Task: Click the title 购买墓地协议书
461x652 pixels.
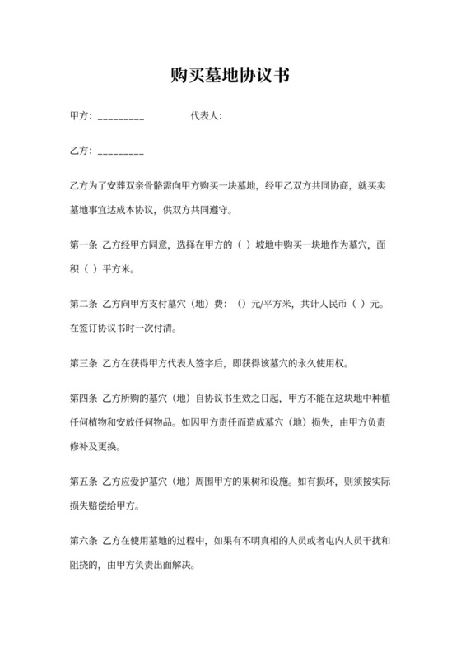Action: (x=230, y=77)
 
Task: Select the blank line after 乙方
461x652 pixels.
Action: (x=121, y=154)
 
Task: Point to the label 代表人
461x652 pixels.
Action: (x=205, y=116)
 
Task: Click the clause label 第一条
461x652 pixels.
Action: (x=84, y=244)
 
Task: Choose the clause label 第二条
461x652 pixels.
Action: (x=84, y=304)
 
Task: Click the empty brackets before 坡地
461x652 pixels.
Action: (x=244, y=244)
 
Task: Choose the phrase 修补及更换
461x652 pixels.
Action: (x=95, y=446)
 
